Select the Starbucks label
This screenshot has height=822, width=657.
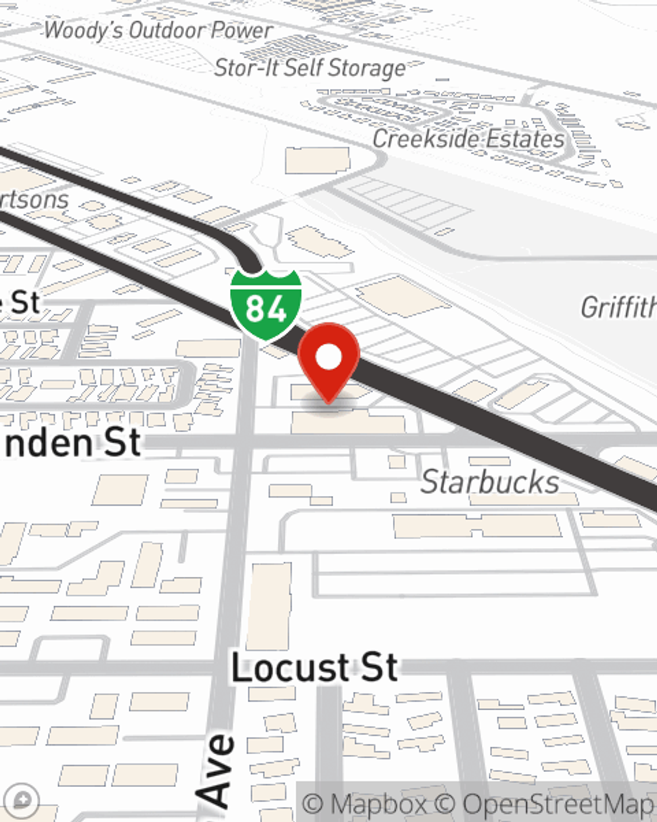[x=489, y=482]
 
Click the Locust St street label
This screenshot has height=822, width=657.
[x=314, y=668]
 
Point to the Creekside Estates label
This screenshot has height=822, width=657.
[x=468, y=139]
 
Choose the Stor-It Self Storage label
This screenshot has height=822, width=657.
[x=310, y=68]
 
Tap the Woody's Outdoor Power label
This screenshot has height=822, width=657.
[x=158, y=30]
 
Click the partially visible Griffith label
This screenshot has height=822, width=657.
[x=618, y=307]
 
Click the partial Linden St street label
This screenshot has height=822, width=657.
[x=72, y=443]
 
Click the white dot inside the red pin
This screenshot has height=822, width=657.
[x=328, y=357]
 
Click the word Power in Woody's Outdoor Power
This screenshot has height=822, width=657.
[x=242, y=30]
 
